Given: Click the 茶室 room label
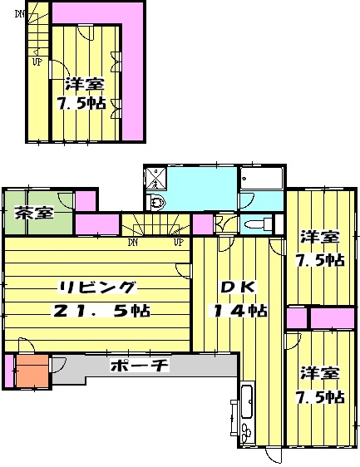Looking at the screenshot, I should (34, 212).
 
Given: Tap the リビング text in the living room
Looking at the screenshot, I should (96, 288).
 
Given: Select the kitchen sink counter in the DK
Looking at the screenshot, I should (247, 406).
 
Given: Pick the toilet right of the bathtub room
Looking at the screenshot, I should (259, 224).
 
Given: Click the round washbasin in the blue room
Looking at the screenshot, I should (158, 202).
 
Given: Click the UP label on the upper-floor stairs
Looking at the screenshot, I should (37, 61).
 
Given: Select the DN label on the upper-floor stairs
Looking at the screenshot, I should (19, 12).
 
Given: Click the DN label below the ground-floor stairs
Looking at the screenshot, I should (132, 243).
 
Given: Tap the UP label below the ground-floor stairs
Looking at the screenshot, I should (178, 243).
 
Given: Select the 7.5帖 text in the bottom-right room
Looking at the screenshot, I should (320, 396).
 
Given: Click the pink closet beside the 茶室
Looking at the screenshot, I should (85, 200).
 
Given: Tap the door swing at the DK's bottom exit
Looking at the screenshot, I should (274, 455).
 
